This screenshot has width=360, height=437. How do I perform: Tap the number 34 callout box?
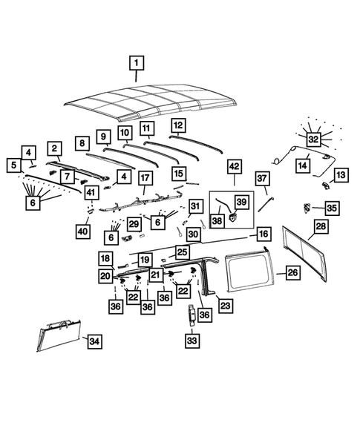[x=94, y=341]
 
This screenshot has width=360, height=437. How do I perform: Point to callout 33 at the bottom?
[x=192, y=341]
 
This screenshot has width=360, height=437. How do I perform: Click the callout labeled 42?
[x=235, y=166]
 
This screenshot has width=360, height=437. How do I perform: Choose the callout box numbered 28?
[x=321, y=226]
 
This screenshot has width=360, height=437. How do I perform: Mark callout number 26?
[x=292, y=273]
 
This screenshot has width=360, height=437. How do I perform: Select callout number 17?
[x=144, y=178]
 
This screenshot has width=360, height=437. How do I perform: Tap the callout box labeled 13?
[x=341, y=174]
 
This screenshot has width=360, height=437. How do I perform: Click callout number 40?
[x=83, y=231]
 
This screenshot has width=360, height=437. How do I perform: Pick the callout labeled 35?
[x=332, y=208]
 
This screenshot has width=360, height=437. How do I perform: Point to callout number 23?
[x=224, y=305]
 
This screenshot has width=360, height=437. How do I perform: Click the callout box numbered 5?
[x=13, y=165]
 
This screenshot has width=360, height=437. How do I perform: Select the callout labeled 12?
[x=178, y=125]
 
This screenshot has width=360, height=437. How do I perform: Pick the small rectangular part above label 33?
[x=192, y=315]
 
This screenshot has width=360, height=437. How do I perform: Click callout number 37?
[x=261, y=178]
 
